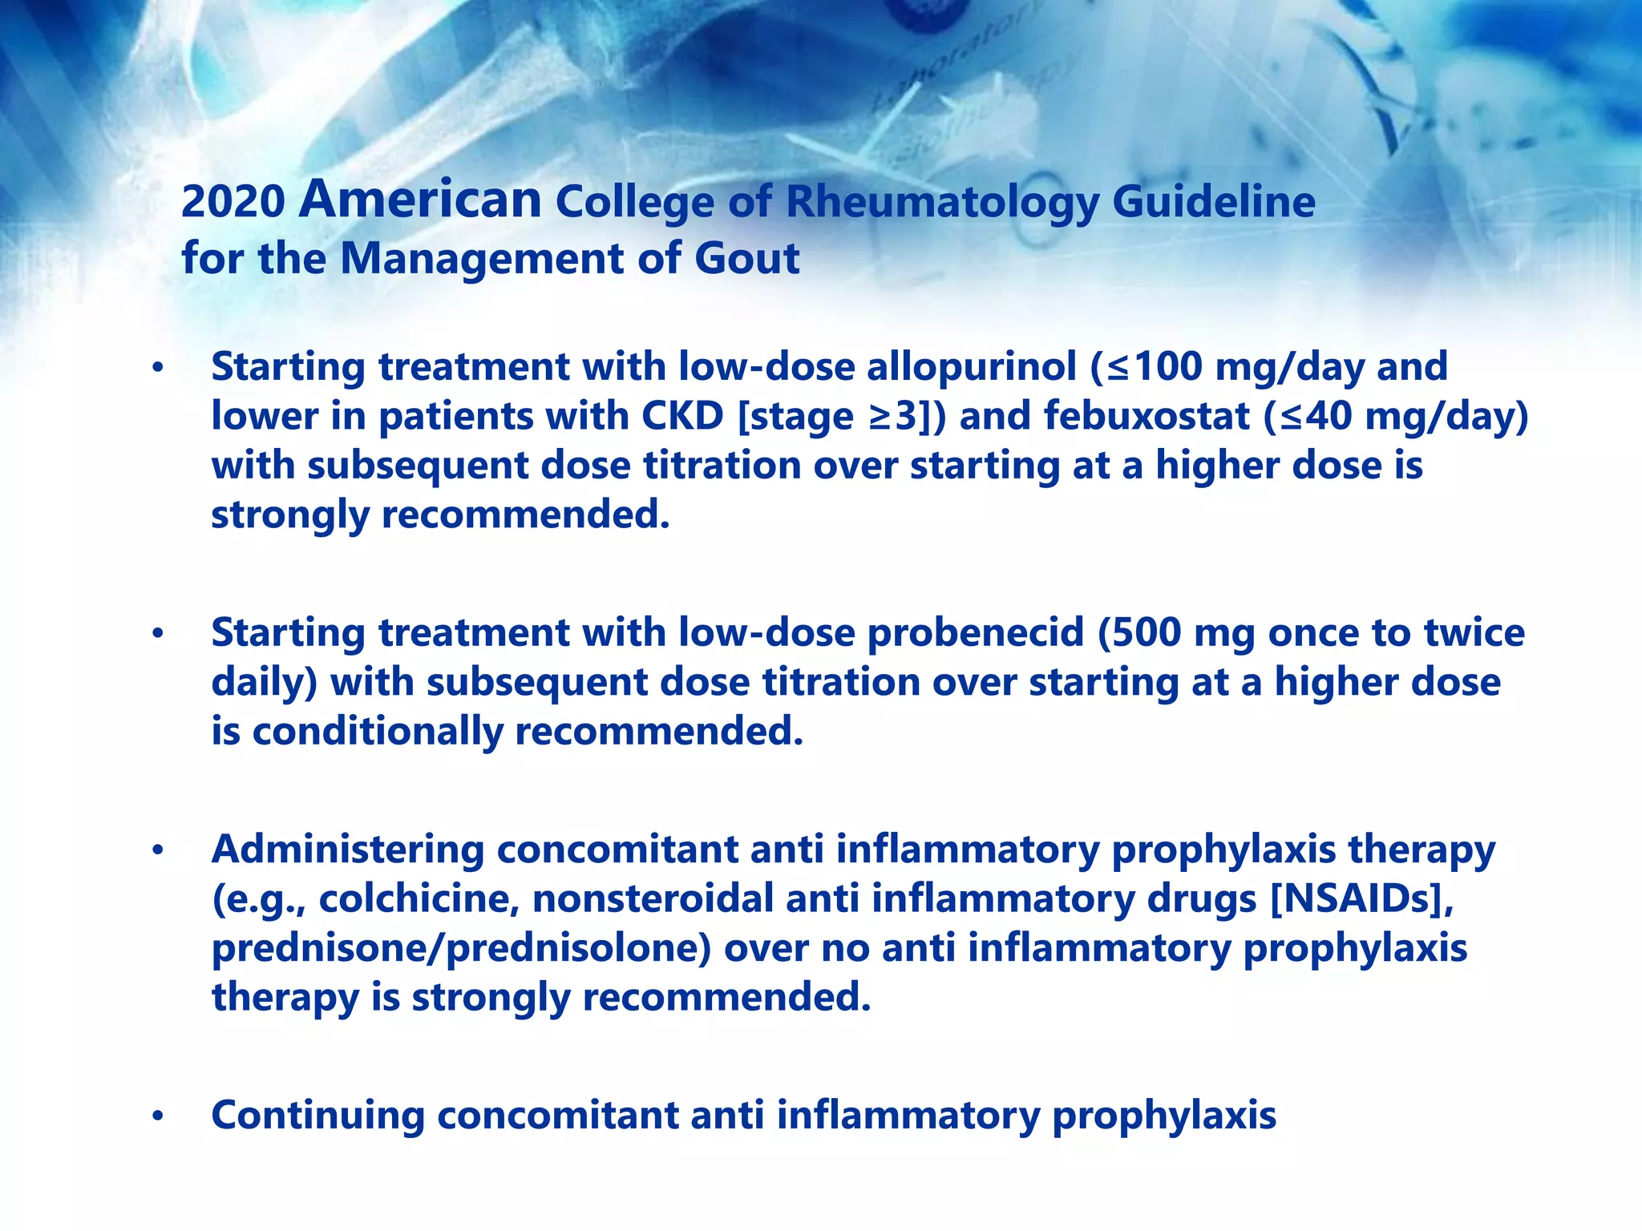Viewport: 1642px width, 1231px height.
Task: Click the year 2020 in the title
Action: pyautogui.click(x=233, y=202)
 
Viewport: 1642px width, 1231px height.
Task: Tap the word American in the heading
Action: pyautogui.click(x=420, y=200)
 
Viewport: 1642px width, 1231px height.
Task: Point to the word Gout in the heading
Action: pyautogui.click(x=746, y=259)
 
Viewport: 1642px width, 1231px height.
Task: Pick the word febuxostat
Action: pyautogui.click(x=1147, y=417)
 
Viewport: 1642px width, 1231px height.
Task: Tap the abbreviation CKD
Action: pyautogui.click(x=682, y=417)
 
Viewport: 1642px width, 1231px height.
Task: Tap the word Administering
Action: pyautogui.click(x=347, y=850)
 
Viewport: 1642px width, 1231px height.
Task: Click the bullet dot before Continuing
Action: pyautogui.click(x=158, y=1116)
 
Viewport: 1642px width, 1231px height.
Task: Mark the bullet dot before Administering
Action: pyautogui.click(x=158, y=850)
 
